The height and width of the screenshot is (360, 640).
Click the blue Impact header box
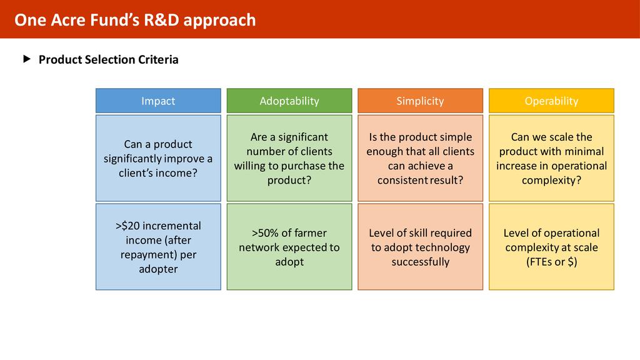158,101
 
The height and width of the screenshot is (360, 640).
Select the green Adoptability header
289,101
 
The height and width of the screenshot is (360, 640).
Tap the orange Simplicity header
421,101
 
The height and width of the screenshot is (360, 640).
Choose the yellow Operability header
551,101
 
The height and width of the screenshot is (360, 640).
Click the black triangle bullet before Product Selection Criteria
27,59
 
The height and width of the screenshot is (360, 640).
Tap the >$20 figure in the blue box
127,226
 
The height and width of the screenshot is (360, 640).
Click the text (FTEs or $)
551,262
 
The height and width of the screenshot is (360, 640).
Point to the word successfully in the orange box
421,262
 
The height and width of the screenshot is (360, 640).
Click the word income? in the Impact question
177,173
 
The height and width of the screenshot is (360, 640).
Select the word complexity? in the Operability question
551,181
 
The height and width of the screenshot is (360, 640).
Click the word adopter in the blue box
158,269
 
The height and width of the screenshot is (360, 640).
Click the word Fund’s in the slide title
115,20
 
